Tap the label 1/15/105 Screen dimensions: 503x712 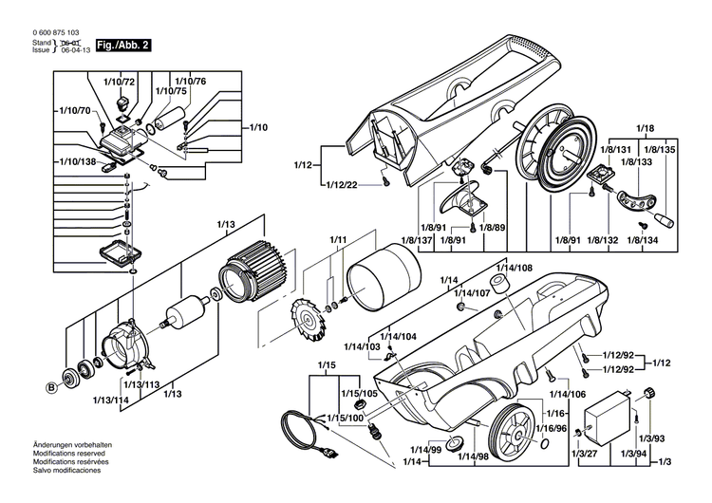[360, 393]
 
